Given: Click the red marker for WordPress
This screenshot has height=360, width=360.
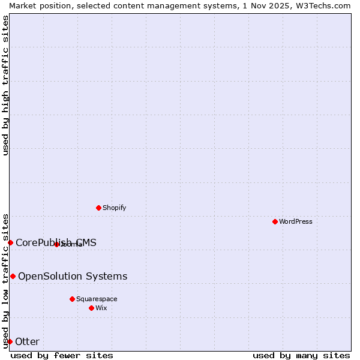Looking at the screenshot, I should coord(275,221).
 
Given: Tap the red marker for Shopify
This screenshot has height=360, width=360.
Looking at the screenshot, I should coord(98,208).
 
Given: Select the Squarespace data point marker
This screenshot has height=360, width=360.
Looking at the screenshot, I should coord(72,299).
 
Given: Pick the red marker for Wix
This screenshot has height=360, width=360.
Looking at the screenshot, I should coord(91,308).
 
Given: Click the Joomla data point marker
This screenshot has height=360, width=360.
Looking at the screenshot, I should coord(56,244).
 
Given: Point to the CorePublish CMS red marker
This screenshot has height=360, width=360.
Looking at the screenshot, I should coord(10,242).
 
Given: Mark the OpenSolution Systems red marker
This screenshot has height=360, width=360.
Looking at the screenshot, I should coord(13,276).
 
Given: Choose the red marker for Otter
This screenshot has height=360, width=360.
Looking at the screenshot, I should coord(10,341).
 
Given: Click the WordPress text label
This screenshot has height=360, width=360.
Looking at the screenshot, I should coord(296,221).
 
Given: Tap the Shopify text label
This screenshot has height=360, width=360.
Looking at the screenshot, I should coord(114,208).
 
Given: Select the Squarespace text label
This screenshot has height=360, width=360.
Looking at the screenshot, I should coord(97,299).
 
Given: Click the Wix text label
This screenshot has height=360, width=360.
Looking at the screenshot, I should coord(101,308).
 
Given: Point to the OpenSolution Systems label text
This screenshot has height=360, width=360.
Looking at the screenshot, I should coord(73,276).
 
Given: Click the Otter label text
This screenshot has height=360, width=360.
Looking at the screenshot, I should coord(27,341).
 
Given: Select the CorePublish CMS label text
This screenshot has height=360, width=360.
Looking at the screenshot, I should coord(56,242).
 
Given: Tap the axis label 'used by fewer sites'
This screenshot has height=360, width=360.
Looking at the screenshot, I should coord(62,355).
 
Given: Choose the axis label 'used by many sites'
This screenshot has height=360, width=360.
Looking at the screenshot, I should coord(301,355).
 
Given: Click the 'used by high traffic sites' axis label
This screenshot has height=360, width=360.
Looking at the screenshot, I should coord(5,85).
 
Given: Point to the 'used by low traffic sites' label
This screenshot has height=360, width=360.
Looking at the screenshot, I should coord(5,280).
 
